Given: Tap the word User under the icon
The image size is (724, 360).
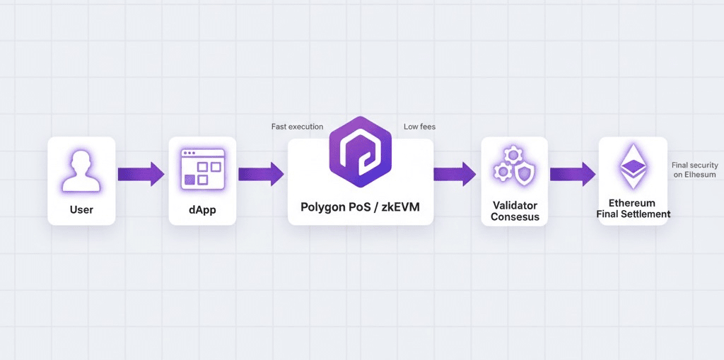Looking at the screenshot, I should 81,210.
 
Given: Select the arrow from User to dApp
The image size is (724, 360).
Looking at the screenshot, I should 141,174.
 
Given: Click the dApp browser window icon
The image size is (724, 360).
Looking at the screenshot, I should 202,168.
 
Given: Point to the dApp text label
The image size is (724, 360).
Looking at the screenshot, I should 202,210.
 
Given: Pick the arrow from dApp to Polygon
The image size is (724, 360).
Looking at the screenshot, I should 261,174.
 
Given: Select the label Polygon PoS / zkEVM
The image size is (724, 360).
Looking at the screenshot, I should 361,208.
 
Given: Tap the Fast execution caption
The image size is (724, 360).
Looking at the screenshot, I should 297,127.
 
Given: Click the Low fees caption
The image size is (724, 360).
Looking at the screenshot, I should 419,127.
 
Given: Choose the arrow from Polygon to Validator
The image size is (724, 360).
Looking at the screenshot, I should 455,174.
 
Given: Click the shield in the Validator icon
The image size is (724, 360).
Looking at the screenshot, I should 524,173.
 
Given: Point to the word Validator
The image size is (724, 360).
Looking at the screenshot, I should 515,206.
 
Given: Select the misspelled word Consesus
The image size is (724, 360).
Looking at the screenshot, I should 515,217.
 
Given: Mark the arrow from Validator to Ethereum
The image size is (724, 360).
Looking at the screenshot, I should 573,174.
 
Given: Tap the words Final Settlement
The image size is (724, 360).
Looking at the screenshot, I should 633,214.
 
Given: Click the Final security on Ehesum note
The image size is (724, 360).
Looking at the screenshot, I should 694,170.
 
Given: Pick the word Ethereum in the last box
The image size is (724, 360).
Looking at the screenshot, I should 633,203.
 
